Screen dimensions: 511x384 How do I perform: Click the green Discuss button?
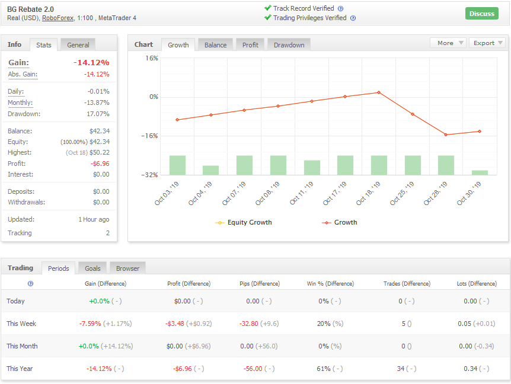482,14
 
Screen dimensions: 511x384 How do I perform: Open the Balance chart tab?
215,45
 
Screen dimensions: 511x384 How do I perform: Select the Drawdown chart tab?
289,45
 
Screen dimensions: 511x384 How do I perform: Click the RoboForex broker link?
58,18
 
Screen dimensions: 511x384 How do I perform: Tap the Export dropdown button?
487,43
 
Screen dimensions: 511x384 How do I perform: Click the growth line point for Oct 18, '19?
379,92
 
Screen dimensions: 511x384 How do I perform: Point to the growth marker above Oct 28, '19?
446,135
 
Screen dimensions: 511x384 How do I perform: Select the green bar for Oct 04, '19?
210,170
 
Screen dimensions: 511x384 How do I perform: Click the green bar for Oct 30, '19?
480,172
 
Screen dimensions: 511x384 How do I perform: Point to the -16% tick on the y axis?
149,136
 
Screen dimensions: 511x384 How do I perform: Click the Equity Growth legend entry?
244,222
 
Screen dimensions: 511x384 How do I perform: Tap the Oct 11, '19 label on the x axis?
302,193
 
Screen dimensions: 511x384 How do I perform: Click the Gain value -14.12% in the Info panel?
91,63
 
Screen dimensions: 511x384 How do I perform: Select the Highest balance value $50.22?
100,152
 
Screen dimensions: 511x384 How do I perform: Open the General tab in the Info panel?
78,45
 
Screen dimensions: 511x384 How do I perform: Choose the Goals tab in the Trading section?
92,268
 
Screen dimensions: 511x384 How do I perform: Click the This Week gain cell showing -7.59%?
90,324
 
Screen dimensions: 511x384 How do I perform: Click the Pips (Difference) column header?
260,284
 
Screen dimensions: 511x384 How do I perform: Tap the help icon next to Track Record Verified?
340,9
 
